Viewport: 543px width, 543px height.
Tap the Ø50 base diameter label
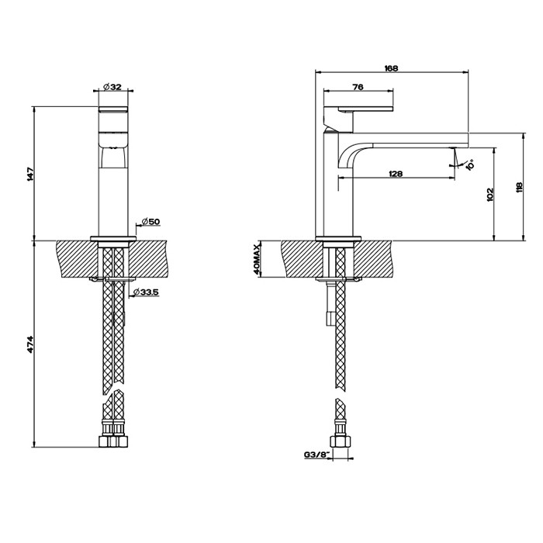(150, 222)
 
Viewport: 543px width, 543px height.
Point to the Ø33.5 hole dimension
(146, 292)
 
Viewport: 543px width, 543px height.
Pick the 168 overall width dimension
(391, 68)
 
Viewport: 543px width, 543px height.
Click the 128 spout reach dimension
(395, 174)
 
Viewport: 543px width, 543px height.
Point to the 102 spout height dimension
(489, 193)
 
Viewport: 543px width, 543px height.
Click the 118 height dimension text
(519, 186)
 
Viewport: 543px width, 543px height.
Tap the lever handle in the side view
(361, 108)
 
